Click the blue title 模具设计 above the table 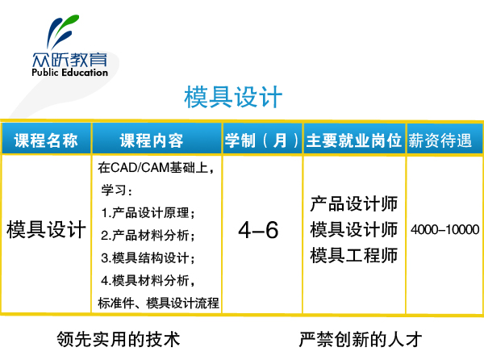pyautogui.click(x=233, y=97)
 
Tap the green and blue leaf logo pyautogui.click(x=63, y=31)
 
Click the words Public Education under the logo pyautogui.click(x=69, y=73)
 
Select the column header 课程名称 pyautogui.click(x=46, y=140)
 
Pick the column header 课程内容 pyautogui.click(x=152, y=140)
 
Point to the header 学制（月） pyautogui.click(x=262, y=140)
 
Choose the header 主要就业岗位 pyautogui.click(x=354, y=140)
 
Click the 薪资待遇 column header pyautogui.click(x=440, y=140)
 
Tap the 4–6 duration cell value pyautogui.click(x=258, y=230)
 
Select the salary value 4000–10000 pyautogui.click(x=444, y=230)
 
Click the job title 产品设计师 pyautogui.click(x=354, y=204)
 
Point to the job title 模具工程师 pyautogui.click(x=354, y=255)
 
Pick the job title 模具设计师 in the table pyautogui.click(x=354, y=230)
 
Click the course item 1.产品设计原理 pyautogui.click(x=148, y=213)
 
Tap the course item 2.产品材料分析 pyautogui.click(x=148, y=235)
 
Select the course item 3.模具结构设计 pyautogui.click(x=148, y=257)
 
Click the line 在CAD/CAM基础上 pyautogui.click(x=156, y=168)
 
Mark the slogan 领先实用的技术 pyautogui.click(x=119, y=339)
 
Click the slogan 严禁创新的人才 pyautogui.click(x=361, y=339)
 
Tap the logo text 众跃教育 pyautogui.click(x=69, y=59)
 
